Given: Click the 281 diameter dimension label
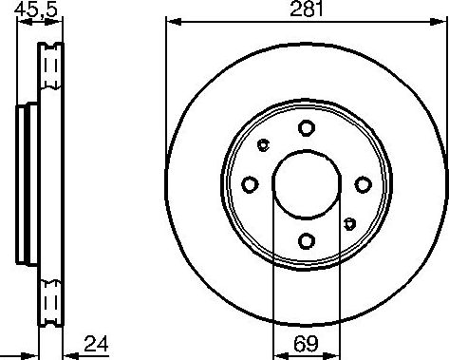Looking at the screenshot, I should pyautogui.click(x=307, y=11).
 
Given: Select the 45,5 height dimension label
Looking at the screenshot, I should pyautogui.click(x=37, y=12).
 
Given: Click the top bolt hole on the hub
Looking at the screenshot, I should pyautogui.click(x=306, y=128).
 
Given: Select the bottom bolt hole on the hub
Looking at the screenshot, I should pyautogui.click(x=306, y=240).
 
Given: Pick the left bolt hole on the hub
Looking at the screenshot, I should pyautogui.click(x=250, y=184).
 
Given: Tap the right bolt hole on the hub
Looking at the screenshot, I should pyautogui.click(x=362, y=184).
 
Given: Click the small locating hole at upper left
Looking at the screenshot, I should pyautogui.click(x=263, y=144).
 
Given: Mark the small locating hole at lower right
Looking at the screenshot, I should pyautogui.click(x=349, y=224).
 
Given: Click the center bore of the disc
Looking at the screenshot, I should pyautogui.click(x=306, y=184).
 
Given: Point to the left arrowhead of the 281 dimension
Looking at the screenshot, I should pyautogui.click(x=172, y=21).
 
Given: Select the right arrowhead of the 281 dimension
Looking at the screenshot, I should pyautogui.click(x=442, y=21).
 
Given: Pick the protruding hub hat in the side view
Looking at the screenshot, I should pyautogui.click(x=24, y=184).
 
